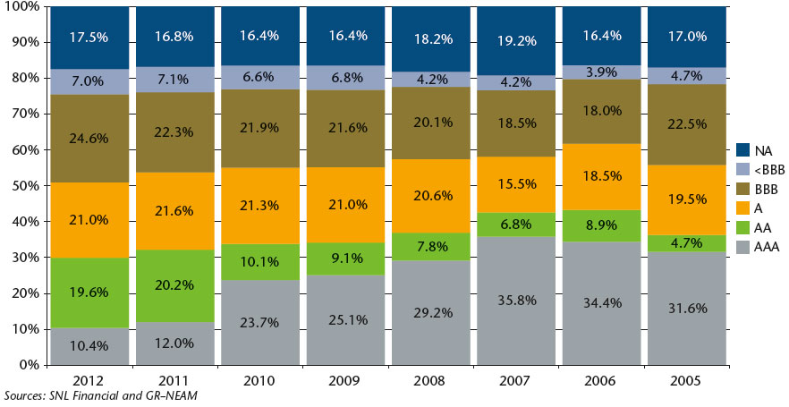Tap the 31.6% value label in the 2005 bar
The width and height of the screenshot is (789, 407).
690,309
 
